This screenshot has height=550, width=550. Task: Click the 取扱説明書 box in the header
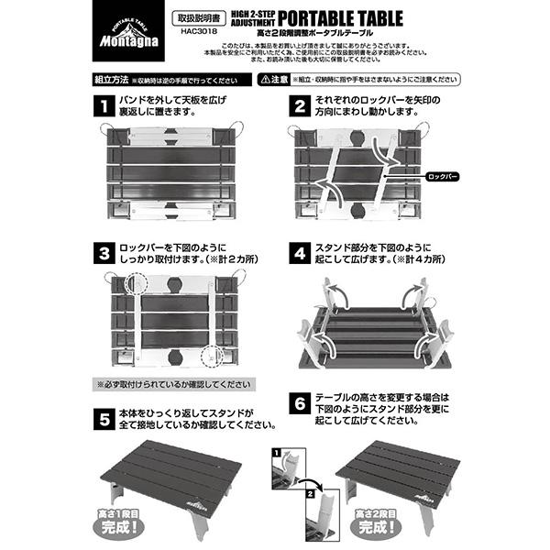(x=198, y=16)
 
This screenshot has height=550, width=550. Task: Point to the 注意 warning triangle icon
(x=268, y=80)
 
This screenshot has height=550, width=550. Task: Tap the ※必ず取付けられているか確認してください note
(x=172, y=385)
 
